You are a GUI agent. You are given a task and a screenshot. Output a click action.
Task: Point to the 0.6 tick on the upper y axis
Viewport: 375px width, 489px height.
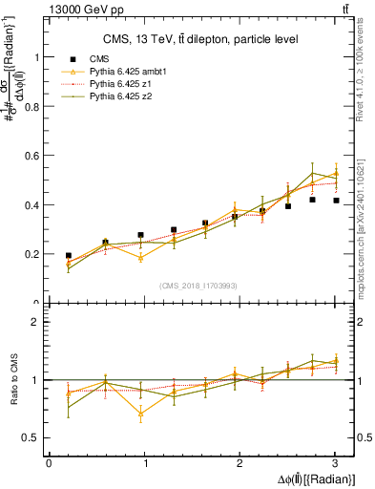[x=35, y=156]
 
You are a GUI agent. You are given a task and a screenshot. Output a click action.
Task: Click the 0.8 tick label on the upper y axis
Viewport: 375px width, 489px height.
[x=35, y=106]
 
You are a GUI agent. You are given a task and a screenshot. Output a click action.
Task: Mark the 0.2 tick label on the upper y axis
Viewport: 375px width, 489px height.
[x=35, y=255]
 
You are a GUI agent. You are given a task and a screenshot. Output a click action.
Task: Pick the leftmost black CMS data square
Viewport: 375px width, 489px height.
[x=69, y=256]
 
